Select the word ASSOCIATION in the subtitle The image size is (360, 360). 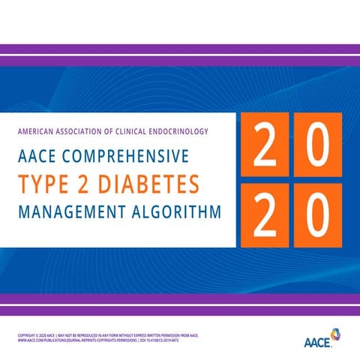click(x=91, y=131)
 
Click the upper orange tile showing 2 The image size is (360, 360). click(x=263, y=145)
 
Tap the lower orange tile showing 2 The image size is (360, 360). click(x=263, y=215)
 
